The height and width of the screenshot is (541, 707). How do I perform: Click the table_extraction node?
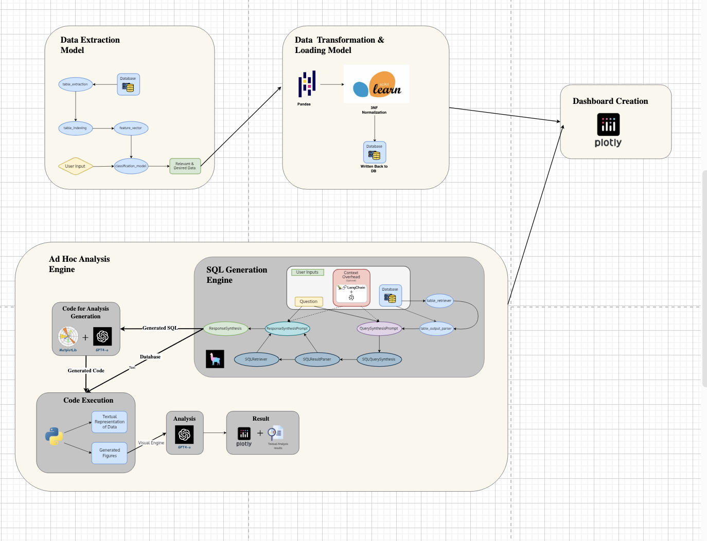[76, 84]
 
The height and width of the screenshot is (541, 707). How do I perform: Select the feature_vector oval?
[131, 128]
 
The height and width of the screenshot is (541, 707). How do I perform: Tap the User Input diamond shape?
[75, 166]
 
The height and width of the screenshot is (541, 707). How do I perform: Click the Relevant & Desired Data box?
[185, 166]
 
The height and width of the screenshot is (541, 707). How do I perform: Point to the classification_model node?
[131, 166]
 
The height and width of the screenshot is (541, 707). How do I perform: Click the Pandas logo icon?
[307, 84]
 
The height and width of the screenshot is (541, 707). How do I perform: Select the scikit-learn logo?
[377, 84]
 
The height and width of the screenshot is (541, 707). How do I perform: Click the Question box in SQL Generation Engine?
[308, 301]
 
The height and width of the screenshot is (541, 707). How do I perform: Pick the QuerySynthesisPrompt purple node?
[379, 329]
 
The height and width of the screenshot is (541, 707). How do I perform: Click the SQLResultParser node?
[317, 359]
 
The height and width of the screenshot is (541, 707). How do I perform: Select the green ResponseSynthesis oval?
[225, 329]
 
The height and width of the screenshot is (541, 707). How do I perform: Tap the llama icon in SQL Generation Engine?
[215, 359]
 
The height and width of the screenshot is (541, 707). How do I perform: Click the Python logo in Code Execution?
[54, 436]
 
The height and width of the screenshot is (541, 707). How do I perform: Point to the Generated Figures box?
[109, 453]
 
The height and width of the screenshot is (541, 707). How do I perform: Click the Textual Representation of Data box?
[109, 422]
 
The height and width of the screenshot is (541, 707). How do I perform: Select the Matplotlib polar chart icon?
[68, 337]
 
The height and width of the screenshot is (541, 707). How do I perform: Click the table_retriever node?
[439, 301]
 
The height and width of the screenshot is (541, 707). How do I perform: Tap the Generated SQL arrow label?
[160, 328]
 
